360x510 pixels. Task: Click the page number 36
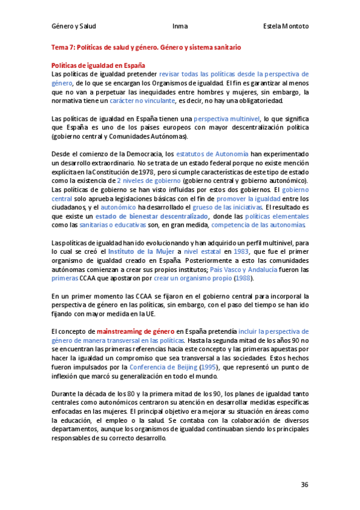305,484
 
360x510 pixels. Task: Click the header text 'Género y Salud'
74,27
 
